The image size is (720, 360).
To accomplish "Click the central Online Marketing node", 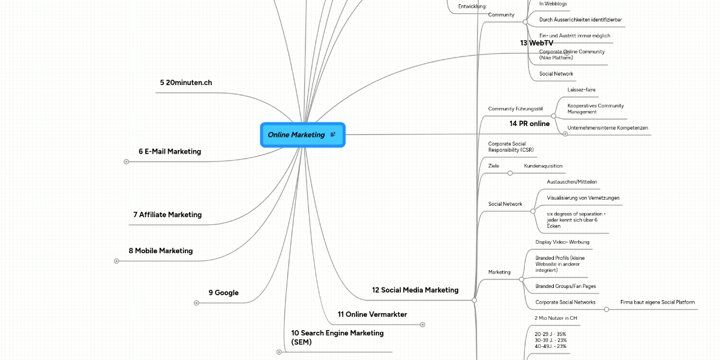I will click(x=296, y=135).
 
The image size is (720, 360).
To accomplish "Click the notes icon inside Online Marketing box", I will click(x=333, y=135).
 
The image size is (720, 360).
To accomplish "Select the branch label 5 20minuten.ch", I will click(x=185, y=83).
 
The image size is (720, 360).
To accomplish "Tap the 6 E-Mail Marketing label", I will click(x=170, y=152).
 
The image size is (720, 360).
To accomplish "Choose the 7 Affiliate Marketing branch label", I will click(x=167, y=215).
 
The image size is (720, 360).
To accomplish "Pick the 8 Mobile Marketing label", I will click(x=161, y=251).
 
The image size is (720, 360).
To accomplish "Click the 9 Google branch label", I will click(x=223, y=293).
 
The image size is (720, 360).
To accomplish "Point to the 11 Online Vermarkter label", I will click(x=372, y=314).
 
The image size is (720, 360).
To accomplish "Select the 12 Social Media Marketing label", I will click(x=415, y=290).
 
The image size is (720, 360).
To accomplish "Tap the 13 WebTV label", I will click(x=536, y=43).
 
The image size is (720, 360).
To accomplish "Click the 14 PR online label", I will click(x=529, y=124).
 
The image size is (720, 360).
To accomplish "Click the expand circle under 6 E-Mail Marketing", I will click(x=126, y=161).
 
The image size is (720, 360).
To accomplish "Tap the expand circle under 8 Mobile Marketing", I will click(x=116, y=261).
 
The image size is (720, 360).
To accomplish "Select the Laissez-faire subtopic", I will click(x=581, y=90).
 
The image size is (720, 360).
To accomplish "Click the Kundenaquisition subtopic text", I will click(x=543, y=166).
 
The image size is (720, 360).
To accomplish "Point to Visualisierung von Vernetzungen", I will click(x=583, y=198).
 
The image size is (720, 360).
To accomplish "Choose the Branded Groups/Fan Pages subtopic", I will click(x=565, y=286).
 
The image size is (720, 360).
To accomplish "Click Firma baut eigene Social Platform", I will click(x=658, y=302).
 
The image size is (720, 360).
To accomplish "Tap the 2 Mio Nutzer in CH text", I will click(x=556, y=318).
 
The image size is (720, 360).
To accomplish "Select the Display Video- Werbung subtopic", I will click(x=562, y=242).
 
